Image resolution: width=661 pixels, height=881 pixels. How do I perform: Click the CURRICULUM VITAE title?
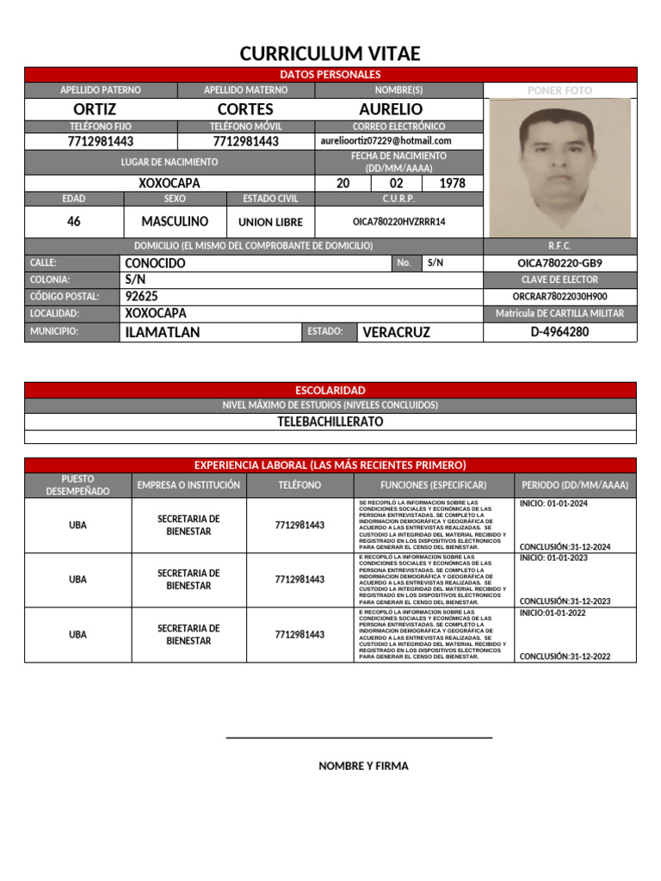(330, 54)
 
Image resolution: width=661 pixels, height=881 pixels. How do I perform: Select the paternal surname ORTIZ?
(95, 109)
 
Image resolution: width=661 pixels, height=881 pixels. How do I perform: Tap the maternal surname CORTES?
(245, 109)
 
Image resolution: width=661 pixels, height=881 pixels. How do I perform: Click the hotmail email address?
(386, 141)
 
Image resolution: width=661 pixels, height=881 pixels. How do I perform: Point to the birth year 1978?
(453, 183)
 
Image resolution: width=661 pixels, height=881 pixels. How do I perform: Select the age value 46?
(74, 221)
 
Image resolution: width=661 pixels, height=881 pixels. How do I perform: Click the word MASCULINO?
(175, 221)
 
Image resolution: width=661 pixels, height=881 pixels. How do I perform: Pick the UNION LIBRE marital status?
(270, 222)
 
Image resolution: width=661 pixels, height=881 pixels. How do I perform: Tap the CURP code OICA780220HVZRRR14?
(398, 222)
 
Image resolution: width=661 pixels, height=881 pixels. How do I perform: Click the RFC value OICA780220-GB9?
(559, 263)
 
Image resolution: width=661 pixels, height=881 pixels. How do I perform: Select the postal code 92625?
(142, 296)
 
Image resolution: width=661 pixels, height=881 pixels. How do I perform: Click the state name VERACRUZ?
(396, 332)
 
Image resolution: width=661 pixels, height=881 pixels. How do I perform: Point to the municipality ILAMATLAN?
(163, 332)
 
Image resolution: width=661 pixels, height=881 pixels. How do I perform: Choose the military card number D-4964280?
(559, 331)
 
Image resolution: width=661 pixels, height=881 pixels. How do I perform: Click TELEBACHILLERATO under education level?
(330, 422)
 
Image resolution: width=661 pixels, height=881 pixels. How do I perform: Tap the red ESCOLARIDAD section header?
(330, 391)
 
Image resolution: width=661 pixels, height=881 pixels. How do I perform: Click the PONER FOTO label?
(559, 90)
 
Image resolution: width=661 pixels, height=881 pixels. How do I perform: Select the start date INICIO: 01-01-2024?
(553, 503)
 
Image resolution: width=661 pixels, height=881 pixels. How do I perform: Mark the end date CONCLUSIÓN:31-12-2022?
(565, 656)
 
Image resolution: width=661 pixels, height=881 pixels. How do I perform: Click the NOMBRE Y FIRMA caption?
(363, 766)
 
